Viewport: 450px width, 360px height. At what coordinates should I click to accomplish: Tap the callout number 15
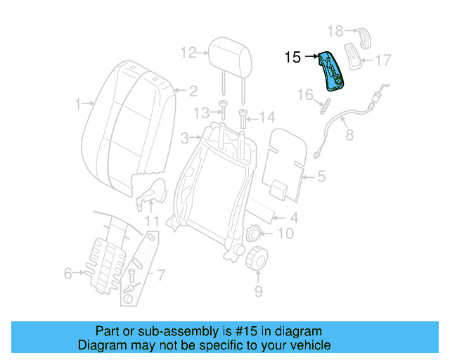[x=292, y=58]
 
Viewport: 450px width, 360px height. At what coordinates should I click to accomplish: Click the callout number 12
[x=187, y=52]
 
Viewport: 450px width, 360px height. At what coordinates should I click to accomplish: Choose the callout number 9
[x=258, y=290]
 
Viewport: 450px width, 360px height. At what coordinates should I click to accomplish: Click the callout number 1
[x=78, y=105]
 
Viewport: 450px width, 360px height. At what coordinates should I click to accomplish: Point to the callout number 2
[x=193, y=90]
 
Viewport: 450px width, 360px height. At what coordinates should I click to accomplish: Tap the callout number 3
[x=184, y=137]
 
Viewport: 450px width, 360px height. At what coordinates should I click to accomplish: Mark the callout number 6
[x=67, y=273]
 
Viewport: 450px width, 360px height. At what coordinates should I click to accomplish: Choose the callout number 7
[x=160, y=274]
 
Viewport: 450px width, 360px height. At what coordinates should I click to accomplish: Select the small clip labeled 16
[x=325, y=108]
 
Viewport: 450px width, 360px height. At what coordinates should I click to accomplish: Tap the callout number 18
[x=335, y=30]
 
